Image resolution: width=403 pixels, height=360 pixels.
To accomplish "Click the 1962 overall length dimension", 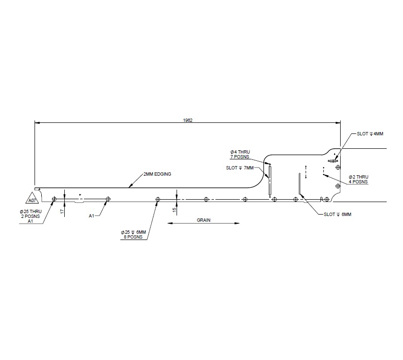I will pos(188,120).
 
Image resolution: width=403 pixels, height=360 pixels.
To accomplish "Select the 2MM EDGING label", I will pos(157,174).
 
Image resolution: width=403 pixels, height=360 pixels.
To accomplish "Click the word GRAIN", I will pos(204,220).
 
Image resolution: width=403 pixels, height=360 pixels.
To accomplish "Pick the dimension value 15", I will pos(175,209).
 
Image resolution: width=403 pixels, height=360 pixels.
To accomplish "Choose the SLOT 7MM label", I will pos(239,168).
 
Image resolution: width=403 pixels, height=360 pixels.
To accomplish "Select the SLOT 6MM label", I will pos(338,214).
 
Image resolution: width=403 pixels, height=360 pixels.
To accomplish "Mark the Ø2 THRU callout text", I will pos(358,177).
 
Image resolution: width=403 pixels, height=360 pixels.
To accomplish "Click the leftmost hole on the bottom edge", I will pos(54,199).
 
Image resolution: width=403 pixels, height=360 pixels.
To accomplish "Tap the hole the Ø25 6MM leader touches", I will pos(157,199).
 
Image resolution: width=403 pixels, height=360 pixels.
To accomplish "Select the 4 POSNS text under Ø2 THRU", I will pos(358,182).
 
